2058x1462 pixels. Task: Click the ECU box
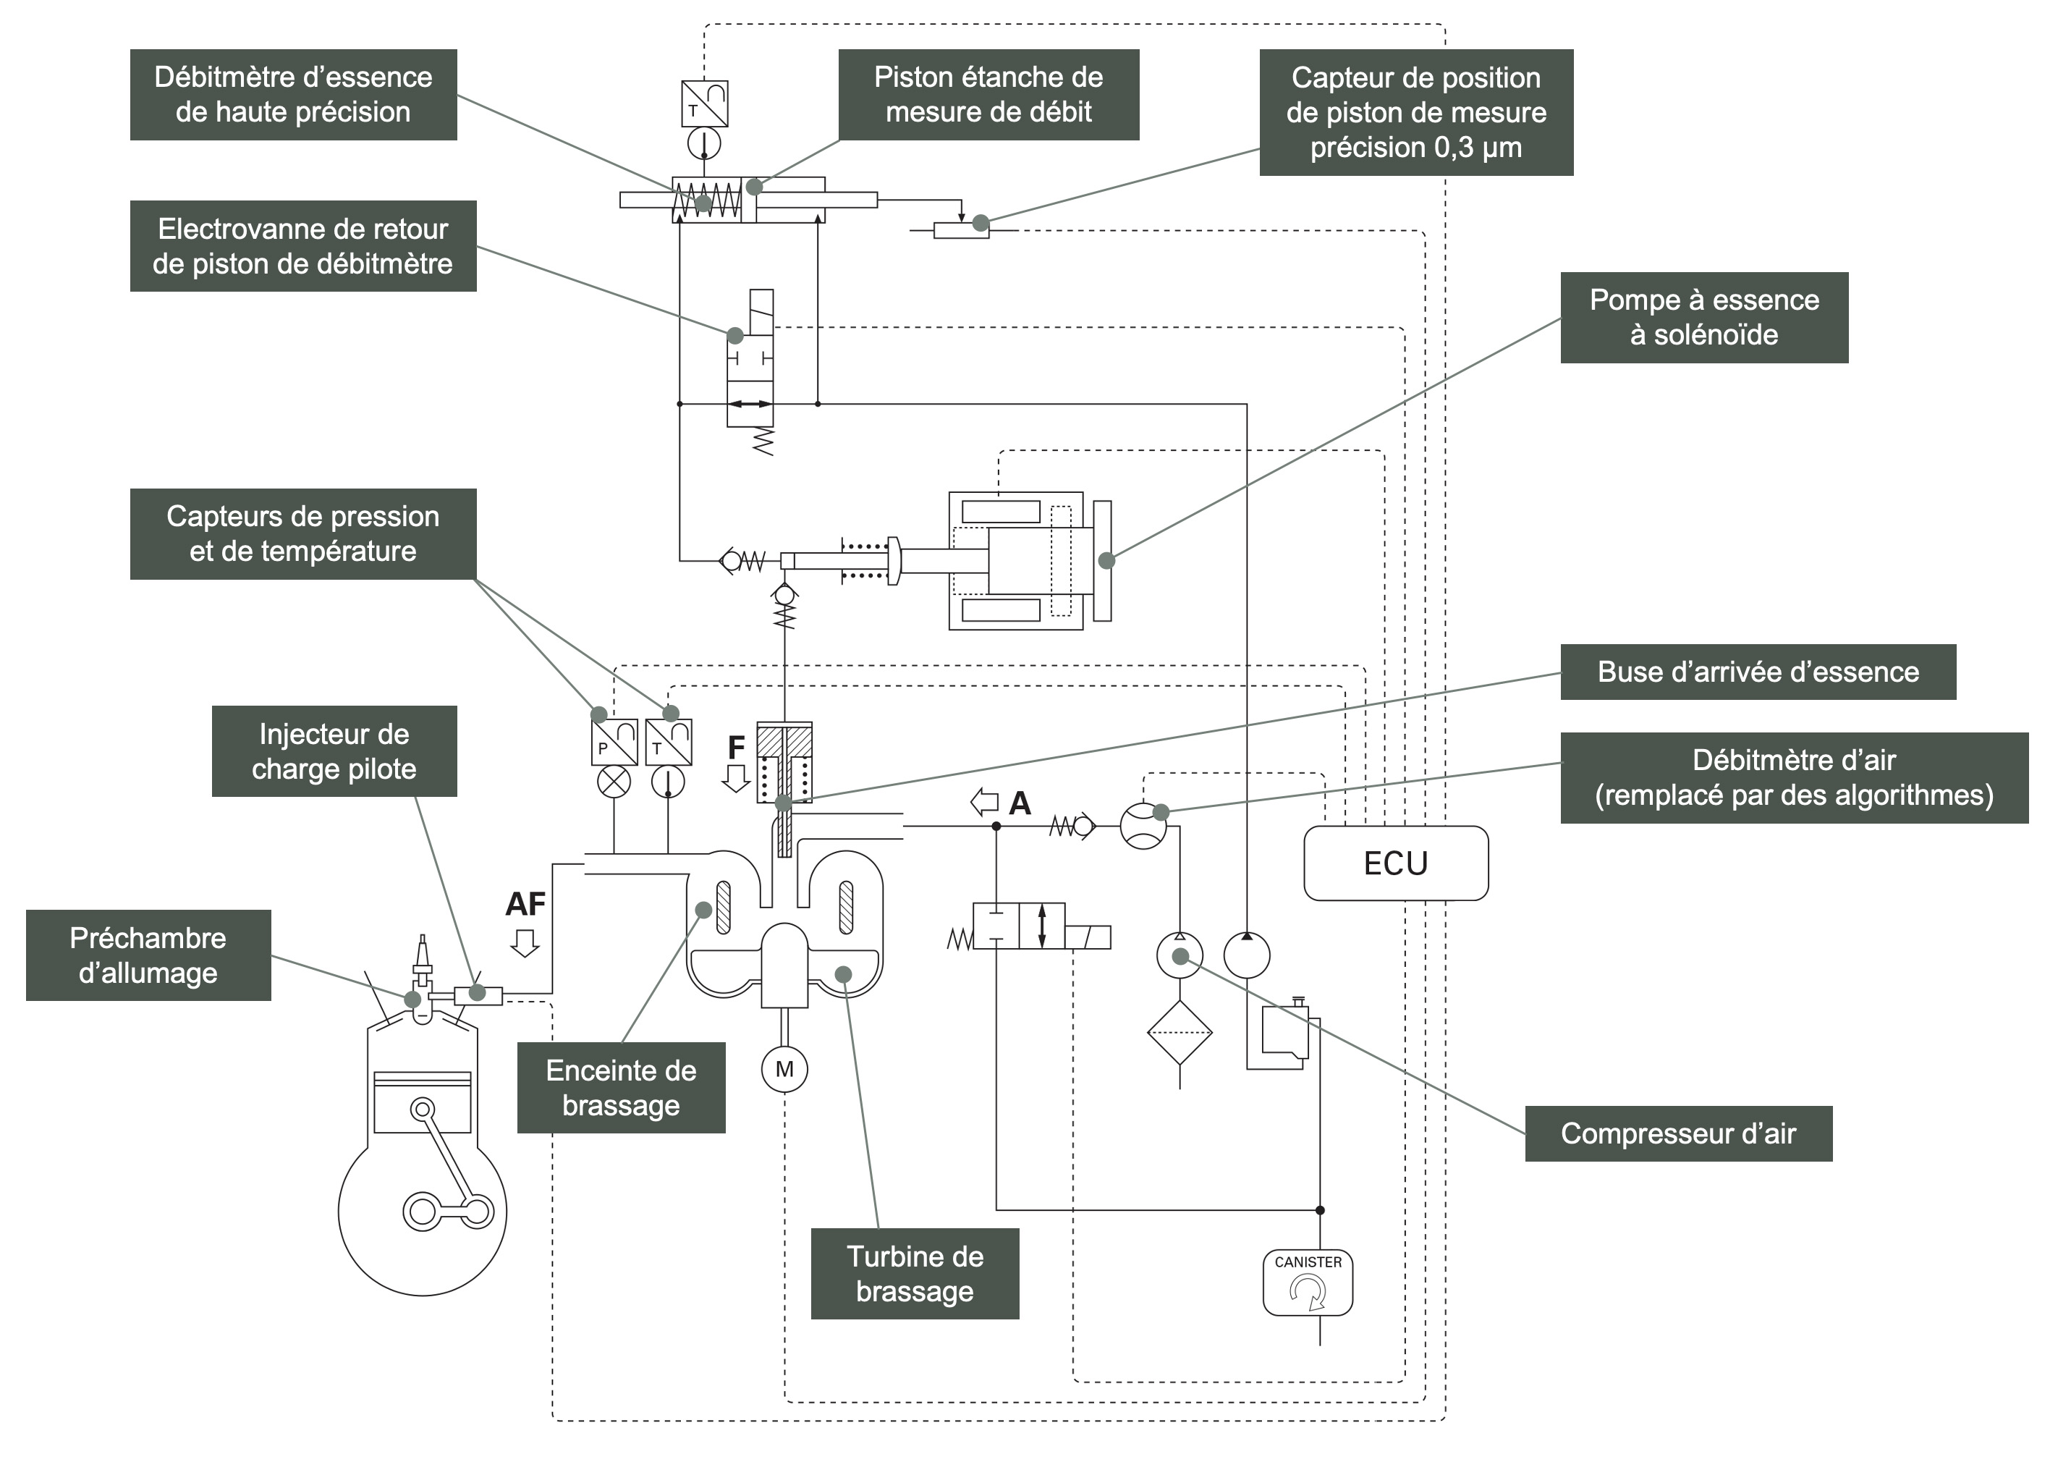coord(1395,863)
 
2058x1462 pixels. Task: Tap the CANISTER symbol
coord(1308,1282)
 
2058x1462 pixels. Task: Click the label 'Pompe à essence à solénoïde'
coord(1703,317)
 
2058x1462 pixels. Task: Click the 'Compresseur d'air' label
coord(1677,1133)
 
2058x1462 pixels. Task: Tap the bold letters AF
coord(525,904)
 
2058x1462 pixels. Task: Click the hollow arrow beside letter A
coord(984,800)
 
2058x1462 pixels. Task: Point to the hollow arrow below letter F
coord(736,778)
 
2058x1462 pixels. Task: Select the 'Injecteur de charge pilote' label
coord(334,751)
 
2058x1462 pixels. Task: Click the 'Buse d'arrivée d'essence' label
coord(1758,672)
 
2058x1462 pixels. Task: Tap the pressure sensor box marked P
coord(614,742)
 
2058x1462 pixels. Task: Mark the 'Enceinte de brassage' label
coord(621,1088)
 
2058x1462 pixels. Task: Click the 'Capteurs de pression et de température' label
coord(302,534)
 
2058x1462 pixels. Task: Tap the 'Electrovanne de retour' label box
coord(302,246)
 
